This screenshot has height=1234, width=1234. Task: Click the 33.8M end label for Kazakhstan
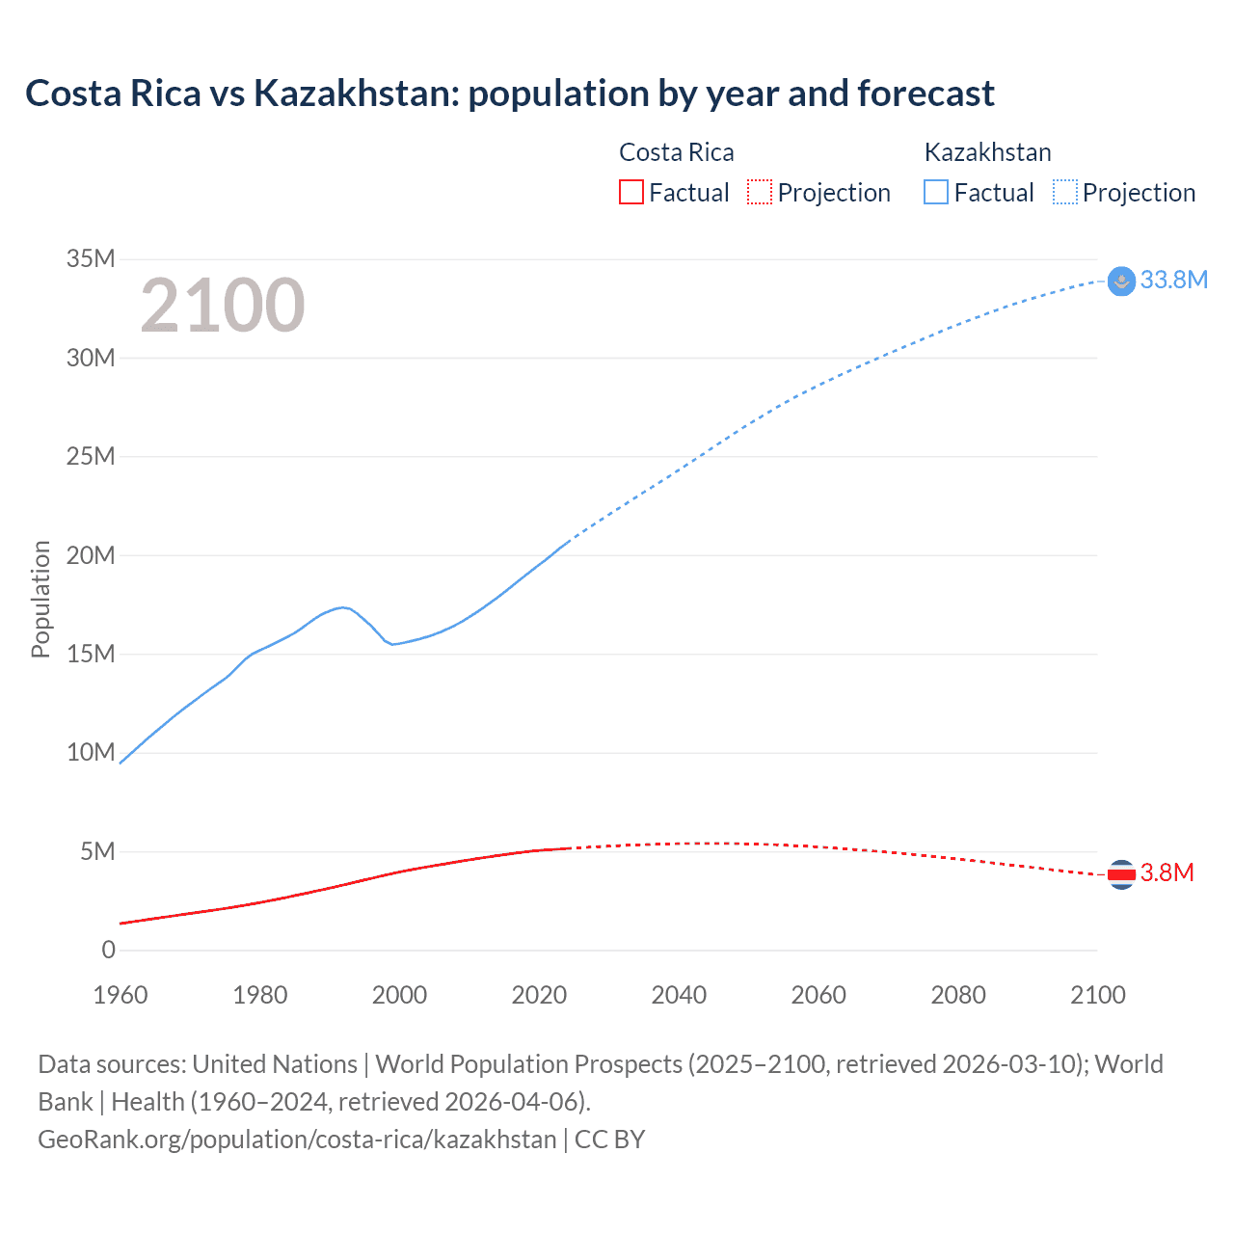point(1173,280)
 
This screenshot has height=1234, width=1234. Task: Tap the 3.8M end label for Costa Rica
point(1167,873)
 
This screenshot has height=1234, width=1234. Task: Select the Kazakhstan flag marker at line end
point(1121,281)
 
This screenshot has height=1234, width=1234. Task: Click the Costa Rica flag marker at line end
point(1121,874)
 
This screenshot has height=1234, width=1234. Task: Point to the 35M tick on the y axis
point(91,258)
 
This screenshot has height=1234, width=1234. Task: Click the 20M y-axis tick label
point(91,555)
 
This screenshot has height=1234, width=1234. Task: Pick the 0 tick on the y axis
point(108,951)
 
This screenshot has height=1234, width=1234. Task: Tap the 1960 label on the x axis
point(121,995)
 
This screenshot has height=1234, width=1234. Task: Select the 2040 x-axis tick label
point(679,995)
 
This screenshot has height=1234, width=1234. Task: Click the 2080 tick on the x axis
point(958,995)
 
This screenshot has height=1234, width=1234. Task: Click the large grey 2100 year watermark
point(223,306)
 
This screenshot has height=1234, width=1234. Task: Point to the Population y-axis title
point(40,599)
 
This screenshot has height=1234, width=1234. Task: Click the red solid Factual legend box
point(630,192)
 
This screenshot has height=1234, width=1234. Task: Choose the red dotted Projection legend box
point(760,192)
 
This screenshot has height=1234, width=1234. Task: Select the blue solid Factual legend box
point(936,192)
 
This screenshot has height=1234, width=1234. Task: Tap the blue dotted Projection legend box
point(1065,192)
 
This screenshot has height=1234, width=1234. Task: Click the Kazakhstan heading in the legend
point(987,152)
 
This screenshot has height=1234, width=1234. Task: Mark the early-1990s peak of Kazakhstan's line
point(343,606)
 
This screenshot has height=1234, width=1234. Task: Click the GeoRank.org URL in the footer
point(297,1140)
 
